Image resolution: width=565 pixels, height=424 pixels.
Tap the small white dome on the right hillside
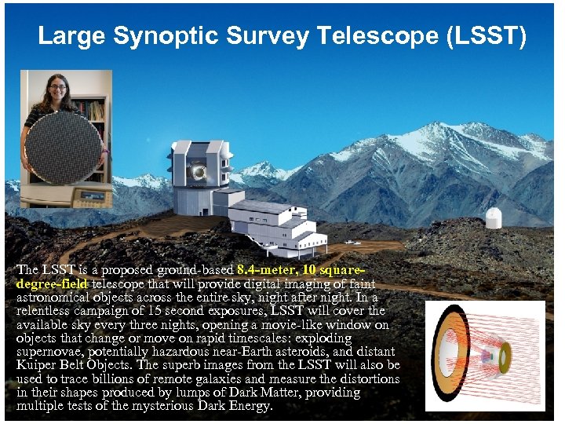pyautogui.click(x=493, y=218)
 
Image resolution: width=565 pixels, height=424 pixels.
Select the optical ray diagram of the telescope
pyautogui.click(x=484, y=355)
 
